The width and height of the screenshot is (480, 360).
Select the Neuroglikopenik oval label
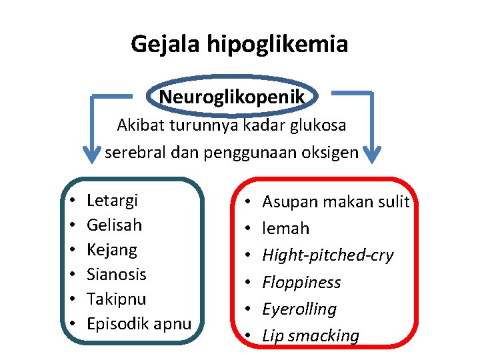point(232,97)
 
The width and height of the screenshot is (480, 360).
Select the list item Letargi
point(112,200)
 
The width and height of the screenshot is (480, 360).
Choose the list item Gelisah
point(114,225)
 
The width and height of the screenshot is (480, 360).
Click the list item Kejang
point(111,249)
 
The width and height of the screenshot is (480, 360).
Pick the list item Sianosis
point(116,274)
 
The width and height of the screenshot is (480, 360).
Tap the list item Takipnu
point(116,299)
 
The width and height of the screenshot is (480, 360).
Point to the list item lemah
point(285,228)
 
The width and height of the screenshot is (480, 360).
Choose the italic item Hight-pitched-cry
point(327,255)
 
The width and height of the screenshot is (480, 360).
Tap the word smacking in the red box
point(327,336)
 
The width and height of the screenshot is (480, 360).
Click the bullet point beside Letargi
point(71,201)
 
